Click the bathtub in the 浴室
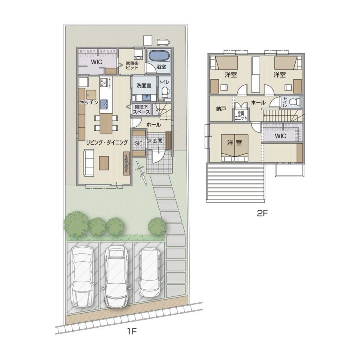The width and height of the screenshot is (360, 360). pyautogui.click(x=159, y=56)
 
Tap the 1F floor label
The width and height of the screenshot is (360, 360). pyautogui.click(x=132, y=331)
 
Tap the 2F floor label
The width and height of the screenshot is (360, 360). pyautogui.click(x=262, y=214)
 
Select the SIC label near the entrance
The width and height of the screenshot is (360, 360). pyautogui.click(x=139, y=144)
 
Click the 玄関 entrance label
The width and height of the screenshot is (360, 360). pyautogui.click(x=158, y=140)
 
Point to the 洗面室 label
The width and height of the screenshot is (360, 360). pyautogui.click(x=144, y=86)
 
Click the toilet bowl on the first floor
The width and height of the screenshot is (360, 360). pyautogui.click(x=165, y=92)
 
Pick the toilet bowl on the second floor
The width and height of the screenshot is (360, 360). pyautogui.click(x=294, y=102)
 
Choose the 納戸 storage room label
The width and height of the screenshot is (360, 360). pyautogui.click(x=221, y=109)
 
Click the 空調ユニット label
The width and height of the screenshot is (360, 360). pyautogui.click(x=241, y=116)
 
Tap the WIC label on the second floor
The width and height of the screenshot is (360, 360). pyautogui.click(x=280, y=136)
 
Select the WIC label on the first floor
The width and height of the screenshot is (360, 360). pyautogui.click(x=97, y=62)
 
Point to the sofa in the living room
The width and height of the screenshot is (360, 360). pyautogui.click(x=89, y=163)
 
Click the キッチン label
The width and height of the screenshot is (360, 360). pyautogui.click(x=89, y=102)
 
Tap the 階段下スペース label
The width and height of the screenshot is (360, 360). pyautogui.click(x=142, y=110)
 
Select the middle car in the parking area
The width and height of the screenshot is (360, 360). pyautogui.click(x=116, y=276)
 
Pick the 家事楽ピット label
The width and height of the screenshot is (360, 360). pyautogui.click(x=132, y=66)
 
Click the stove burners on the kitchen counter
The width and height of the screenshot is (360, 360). pyautogui.click(x=104, y=82)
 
